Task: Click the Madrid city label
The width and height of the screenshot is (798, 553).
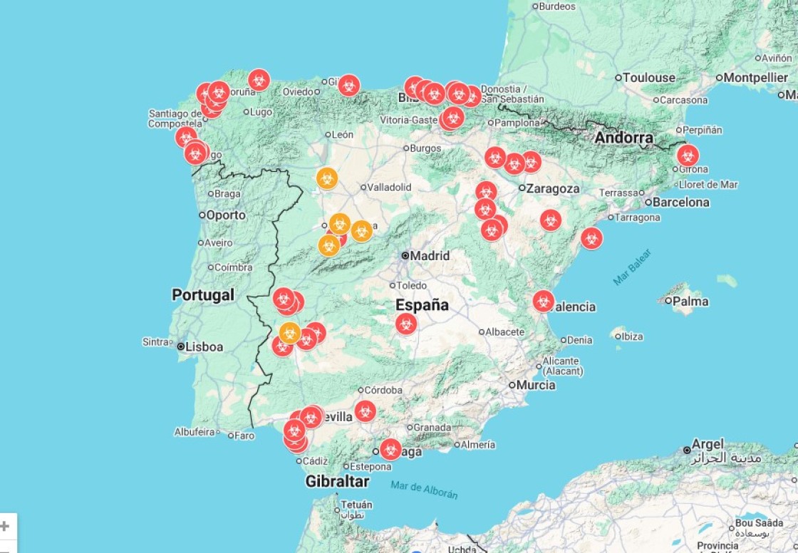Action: [430, 256]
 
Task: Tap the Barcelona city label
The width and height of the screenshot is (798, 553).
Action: [680, 202]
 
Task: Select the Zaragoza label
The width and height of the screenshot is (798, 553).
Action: [553, 189]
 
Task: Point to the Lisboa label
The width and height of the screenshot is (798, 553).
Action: [204, 347]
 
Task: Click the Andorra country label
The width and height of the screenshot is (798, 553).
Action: [624, 138]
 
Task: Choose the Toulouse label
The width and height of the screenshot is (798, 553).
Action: [649, 78]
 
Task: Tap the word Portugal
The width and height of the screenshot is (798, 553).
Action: [203, 295]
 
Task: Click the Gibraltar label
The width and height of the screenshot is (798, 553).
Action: [337, 481]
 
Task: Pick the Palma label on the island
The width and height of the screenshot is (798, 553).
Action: [690, 301]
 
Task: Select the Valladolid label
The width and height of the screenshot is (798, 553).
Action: [389, 187]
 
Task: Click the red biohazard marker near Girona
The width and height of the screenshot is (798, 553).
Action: [688, 155]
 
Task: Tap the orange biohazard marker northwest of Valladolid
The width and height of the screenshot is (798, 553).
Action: [326, 178]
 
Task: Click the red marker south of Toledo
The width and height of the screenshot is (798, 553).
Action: [406, 324]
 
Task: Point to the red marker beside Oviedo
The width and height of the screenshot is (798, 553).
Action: [348, 86]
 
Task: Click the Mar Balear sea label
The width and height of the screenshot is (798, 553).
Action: [632, 267]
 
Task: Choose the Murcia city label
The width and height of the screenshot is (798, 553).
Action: [536, 385]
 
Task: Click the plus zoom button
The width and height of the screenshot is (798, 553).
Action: [5, 527]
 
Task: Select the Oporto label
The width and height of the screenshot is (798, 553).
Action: [226, 215]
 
